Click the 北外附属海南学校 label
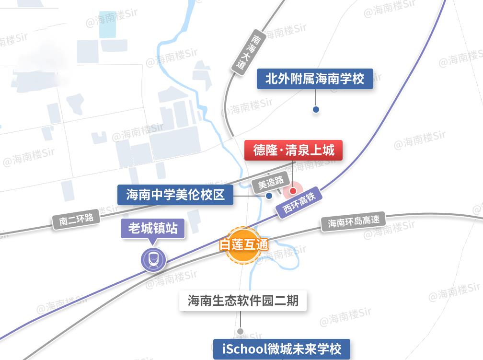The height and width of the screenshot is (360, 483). tap(315, 78)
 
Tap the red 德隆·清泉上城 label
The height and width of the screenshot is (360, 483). tap(294, 151)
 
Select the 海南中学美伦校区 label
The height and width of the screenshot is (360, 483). tap(175, 195)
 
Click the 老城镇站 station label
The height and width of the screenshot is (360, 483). tap(152, 228)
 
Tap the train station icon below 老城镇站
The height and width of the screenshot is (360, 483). tap(153, 260)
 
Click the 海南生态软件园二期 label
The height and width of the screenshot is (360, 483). tap(243, 301)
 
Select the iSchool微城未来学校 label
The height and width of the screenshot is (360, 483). tap(281, 348)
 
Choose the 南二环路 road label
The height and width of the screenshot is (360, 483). tap(76, 219)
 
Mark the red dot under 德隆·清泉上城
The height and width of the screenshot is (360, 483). tap(293, 191)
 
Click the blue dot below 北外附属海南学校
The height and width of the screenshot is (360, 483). tap(316, 109)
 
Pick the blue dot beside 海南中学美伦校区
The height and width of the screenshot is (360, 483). tap(269, 196)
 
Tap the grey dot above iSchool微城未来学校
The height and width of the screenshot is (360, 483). tap(241, 331)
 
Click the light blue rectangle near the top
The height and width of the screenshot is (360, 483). tap(107, 24)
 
